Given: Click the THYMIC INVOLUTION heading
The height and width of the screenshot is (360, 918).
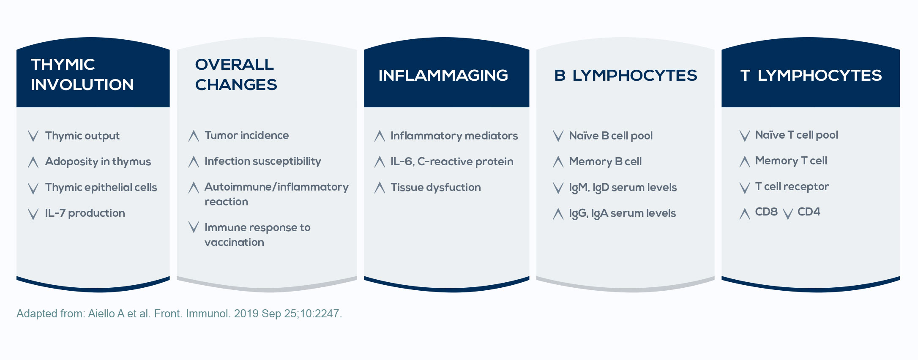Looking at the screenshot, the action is click(x=82, y=74).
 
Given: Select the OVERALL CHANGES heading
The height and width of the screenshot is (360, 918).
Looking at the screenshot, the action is click(x=236, y=74).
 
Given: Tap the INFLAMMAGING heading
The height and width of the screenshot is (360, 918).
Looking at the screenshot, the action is click(x=443, y=75).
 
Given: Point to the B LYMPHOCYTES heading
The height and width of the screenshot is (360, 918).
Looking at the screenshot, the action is click(x=626, y=75).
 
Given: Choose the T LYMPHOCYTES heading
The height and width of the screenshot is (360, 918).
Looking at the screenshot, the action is click(x=811, y=75).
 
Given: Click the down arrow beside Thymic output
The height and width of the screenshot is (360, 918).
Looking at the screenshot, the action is click(x=33, y=136).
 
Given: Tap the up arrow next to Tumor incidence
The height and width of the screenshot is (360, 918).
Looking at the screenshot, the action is click(x=194, y=136).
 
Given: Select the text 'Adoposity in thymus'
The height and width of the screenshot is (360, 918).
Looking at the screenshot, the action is click(x=98, y=162).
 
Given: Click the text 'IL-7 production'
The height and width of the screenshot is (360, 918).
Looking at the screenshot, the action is click(x=85, y=213).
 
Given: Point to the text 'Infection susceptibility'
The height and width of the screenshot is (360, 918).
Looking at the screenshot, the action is click(x=263, y=161).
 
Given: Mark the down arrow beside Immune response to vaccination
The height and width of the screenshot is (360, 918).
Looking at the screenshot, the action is click(x=194, y=227).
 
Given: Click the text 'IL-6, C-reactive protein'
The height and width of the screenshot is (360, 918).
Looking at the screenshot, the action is click(x=452, y=162).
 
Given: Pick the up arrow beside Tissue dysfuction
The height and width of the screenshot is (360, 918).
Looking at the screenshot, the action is click(x=380, y=188).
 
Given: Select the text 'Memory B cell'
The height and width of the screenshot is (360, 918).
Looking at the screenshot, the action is click(x=605, y=161).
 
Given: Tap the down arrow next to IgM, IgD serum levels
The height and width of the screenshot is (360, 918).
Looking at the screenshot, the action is click(x=558, y=188).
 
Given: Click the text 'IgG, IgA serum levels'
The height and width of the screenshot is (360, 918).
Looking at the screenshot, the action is click(x=623, y=213).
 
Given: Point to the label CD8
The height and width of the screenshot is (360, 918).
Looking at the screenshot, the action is click(x=766, y=212).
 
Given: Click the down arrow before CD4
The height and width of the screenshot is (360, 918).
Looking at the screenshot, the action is click(x=787, y=214).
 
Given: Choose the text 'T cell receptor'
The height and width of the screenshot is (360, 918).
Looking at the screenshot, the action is click(x=792, y=187).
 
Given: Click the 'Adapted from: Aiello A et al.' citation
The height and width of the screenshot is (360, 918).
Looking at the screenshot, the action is click(x=179, y=314).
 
